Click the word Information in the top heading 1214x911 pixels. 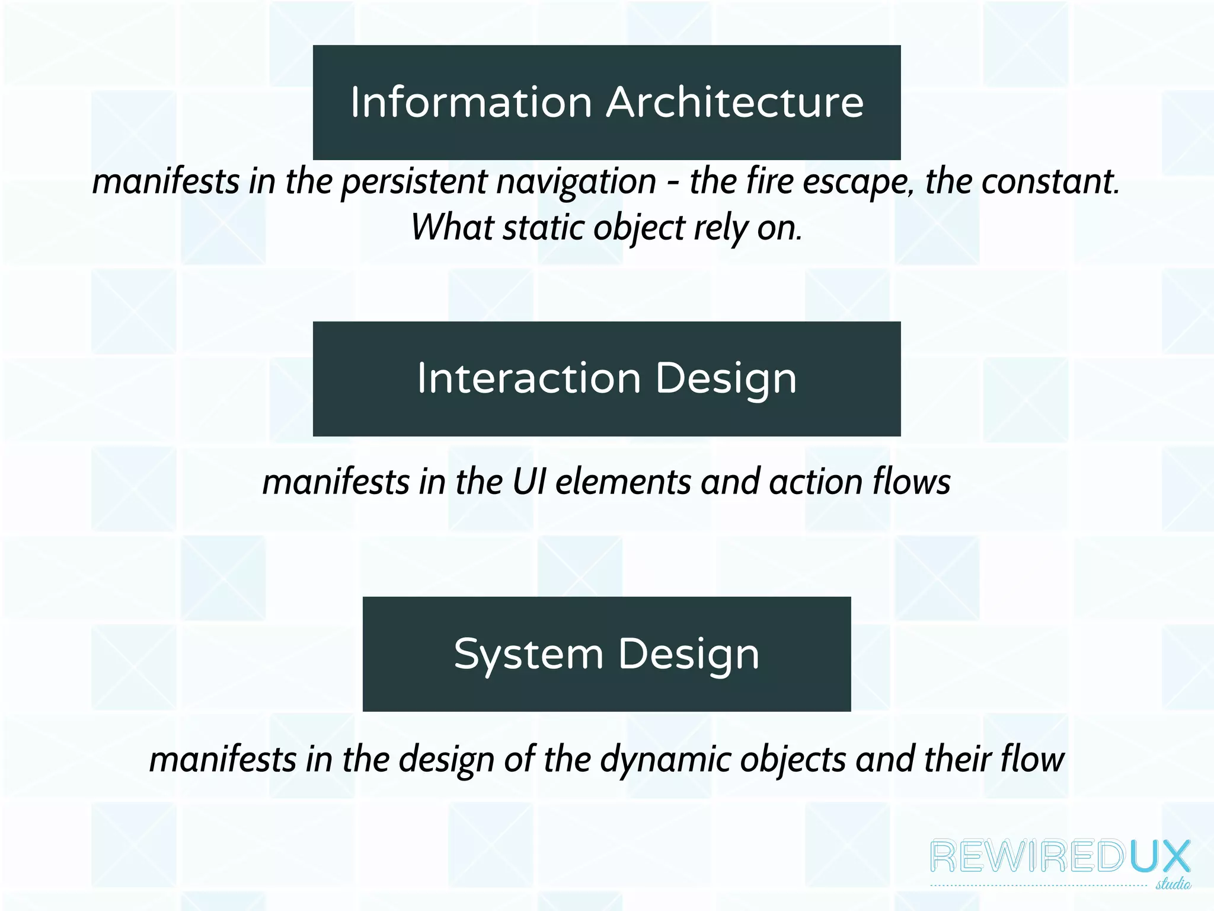(x=471, y=103)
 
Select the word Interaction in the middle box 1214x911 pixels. (x=529, y=378)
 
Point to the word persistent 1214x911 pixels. (x=414, y=182)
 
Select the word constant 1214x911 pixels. (x=1050, y=181)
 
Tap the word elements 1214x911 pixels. (x=622, y=482)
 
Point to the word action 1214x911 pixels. (x=816, y=482)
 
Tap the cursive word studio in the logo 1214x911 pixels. (x=1173, y=884)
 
